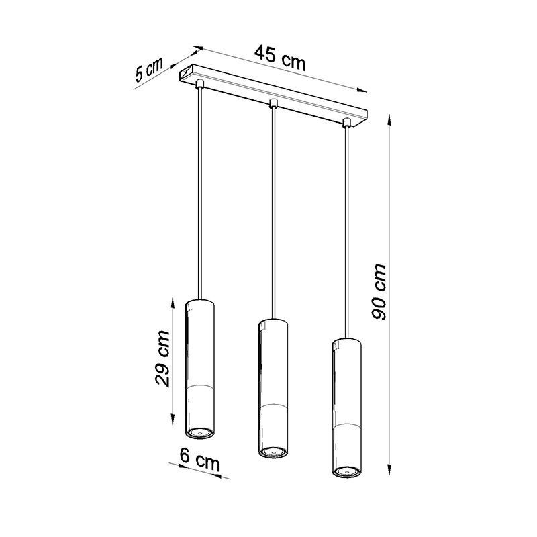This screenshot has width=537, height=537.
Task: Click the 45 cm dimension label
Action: [x=279, y=58]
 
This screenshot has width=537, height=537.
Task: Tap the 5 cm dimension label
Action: [x=148, y=70]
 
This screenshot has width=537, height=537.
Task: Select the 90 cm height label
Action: [x=379, y=292]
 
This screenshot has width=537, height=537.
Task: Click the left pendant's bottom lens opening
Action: [x=200, y=433]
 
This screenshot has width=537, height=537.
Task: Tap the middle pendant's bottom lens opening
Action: [x=273, y=452]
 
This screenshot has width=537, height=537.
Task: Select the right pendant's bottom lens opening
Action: [x=346, y=471]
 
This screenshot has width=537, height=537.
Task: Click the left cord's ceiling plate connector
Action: [x=199, y=83]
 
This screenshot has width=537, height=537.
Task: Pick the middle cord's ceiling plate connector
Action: [x=273, y=103]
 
